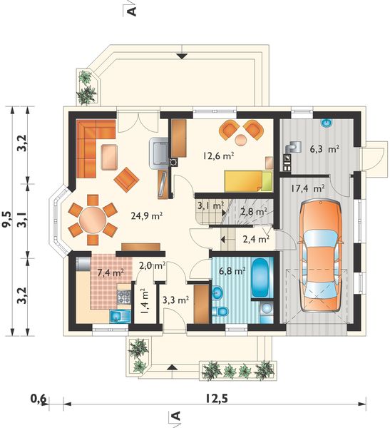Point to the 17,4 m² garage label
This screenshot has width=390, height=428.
307,189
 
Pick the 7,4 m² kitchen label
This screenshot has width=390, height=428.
110,272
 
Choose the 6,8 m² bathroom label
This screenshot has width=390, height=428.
232,271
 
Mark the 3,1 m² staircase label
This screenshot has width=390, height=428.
210,206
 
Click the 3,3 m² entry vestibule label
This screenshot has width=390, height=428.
175,300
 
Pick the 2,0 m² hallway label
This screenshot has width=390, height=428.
152,265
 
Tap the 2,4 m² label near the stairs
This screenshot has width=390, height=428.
255,239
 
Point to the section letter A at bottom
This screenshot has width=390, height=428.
173,417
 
